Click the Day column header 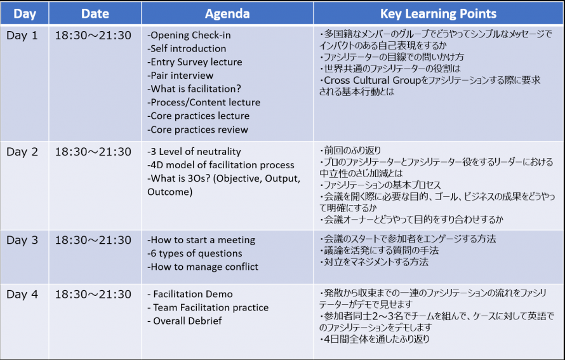25,14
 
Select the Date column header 95,14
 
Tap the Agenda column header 227,14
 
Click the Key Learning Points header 438,14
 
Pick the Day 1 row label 22,36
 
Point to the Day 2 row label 22,152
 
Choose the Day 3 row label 22,240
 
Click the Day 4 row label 22,294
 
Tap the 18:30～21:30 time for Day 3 93,240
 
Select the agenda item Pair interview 180,76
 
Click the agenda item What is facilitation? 194,89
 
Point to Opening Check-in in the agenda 189,35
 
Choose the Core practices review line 198,130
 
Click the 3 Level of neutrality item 194,151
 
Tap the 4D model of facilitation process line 221,164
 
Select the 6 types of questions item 195,253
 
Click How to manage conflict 203,267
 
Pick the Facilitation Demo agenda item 190,294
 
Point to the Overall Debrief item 185,321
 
